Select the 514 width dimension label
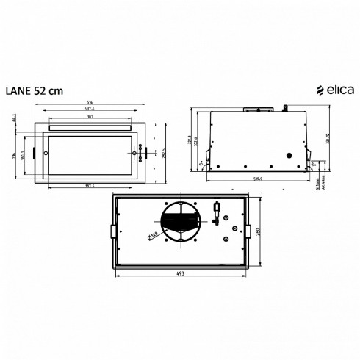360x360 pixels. tap(89, 102)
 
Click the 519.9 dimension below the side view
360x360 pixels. tap(255, 177)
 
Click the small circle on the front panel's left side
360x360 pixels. tap(45, 154)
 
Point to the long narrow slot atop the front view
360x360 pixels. tap(90, 128)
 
